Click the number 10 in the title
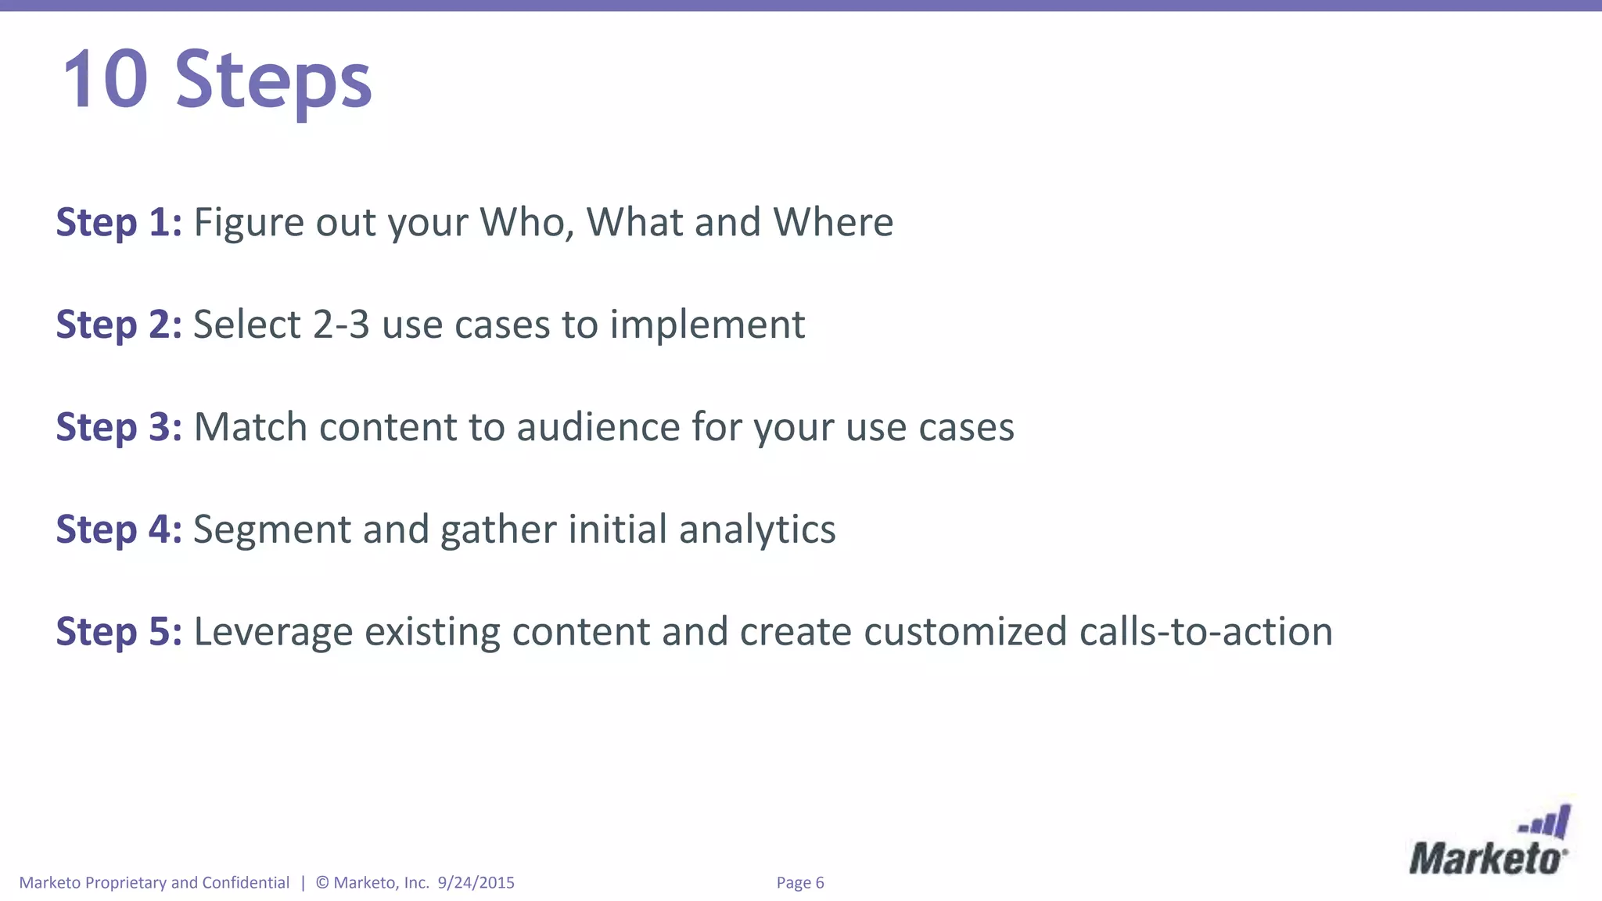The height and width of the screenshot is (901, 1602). (105, 80)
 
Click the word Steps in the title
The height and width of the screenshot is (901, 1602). (273, 80)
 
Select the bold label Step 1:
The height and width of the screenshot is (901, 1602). (119, 223)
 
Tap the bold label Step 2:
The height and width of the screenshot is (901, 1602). (119, 325)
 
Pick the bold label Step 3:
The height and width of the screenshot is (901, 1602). (119, 428)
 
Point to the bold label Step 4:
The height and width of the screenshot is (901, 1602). (119, 530)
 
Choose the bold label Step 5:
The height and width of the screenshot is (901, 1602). (119, 633)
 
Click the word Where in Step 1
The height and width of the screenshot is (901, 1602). (833, 223)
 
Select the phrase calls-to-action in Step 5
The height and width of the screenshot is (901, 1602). (1205, 633)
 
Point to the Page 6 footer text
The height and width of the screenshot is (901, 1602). (800, 883)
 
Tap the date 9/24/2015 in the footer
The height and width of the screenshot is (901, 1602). (476, 883)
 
